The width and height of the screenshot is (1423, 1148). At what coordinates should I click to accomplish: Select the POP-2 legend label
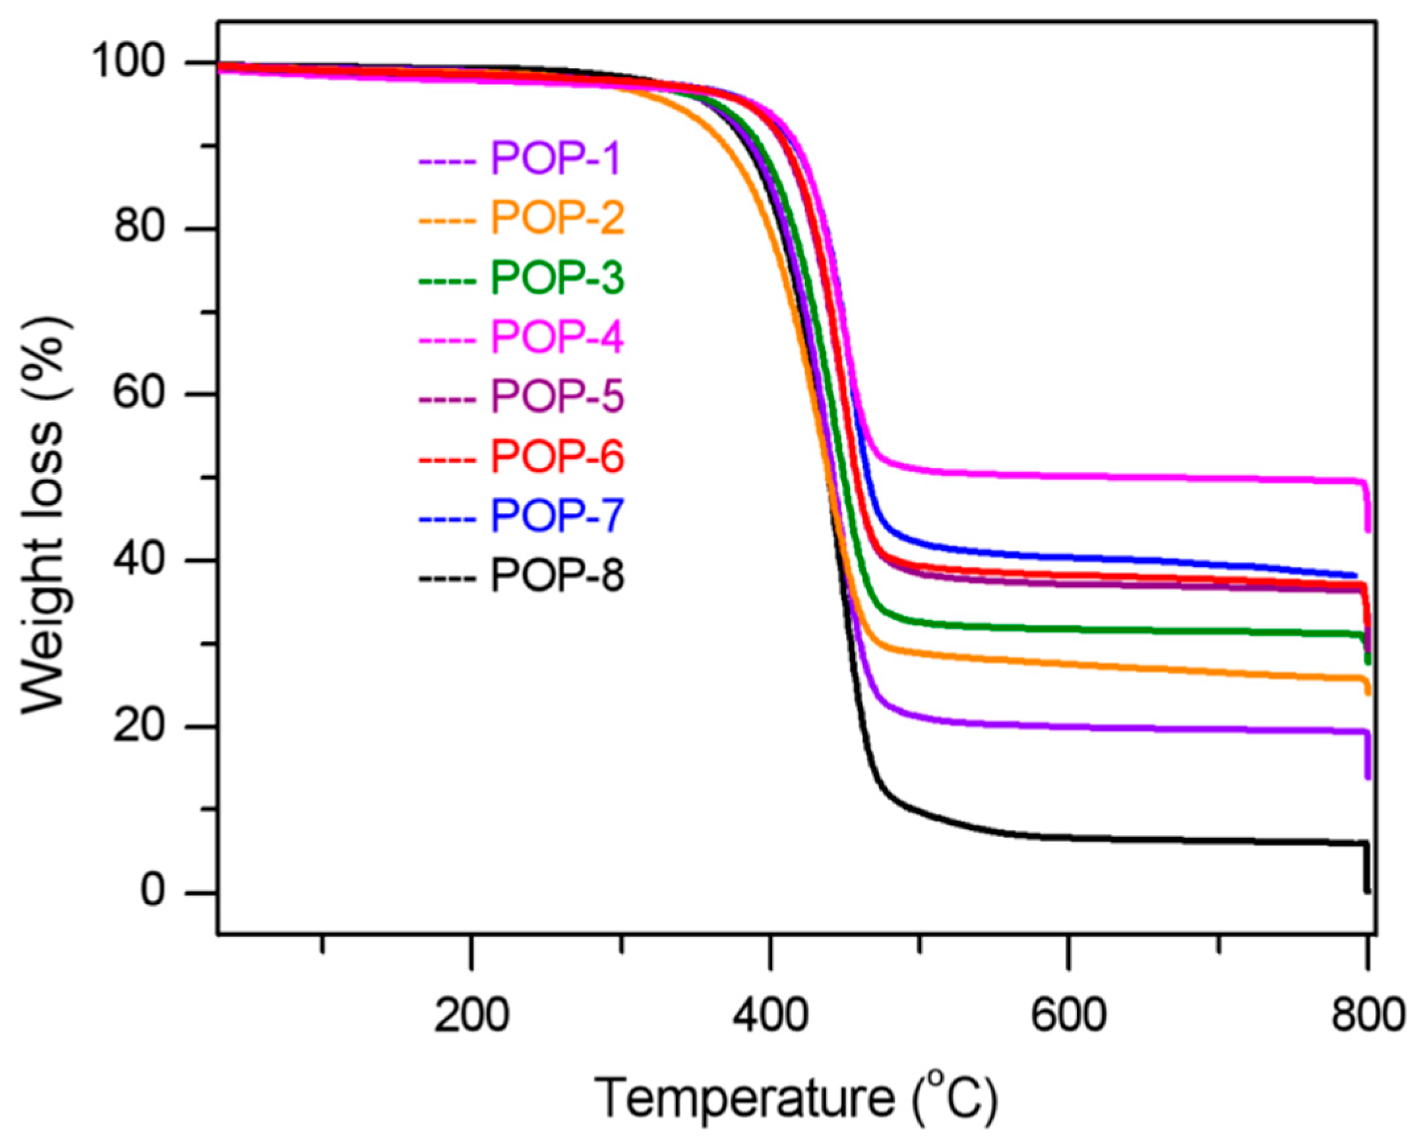coord(557,218)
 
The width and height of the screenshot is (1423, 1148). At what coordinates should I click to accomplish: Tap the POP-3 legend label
coord(557,278)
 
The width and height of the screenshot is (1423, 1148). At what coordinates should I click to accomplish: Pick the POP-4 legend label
coord(557,337)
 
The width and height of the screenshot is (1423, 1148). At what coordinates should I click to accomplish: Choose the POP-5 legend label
coord(557,397)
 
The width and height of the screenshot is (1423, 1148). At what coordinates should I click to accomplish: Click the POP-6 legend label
coord(557,456)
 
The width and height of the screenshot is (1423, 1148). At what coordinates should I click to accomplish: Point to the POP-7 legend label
coord(557,516)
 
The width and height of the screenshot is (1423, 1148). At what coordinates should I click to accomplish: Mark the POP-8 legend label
coord(557,576)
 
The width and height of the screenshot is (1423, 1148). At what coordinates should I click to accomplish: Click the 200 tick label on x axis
coord(471,1015)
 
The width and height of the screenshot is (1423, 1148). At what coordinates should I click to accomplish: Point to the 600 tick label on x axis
coord(1069,1015)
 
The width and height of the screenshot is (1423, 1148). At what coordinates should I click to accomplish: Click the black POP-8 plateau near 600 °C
coord(1069,838)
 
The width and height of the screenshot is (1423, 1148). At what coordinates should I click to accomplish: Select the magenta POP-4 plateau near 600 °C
coord(1069,476)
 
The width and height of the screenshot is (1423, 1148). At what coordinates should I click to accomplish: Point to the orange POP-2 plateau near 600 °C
coord(1069,664)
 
